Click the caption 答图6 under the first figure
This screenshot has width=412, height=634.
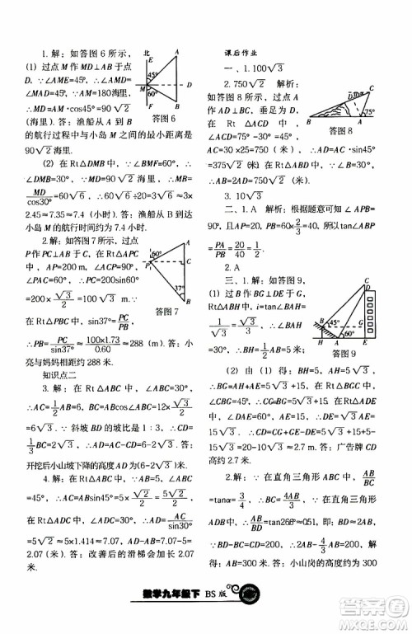pos(165,120)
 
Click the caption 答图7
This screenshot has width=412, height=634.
pos(166,312)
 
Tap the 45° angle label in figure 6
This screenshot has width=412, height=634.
pos(152,74)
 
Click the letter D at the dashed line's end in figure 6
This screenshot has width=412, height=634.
pos(190,84)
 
